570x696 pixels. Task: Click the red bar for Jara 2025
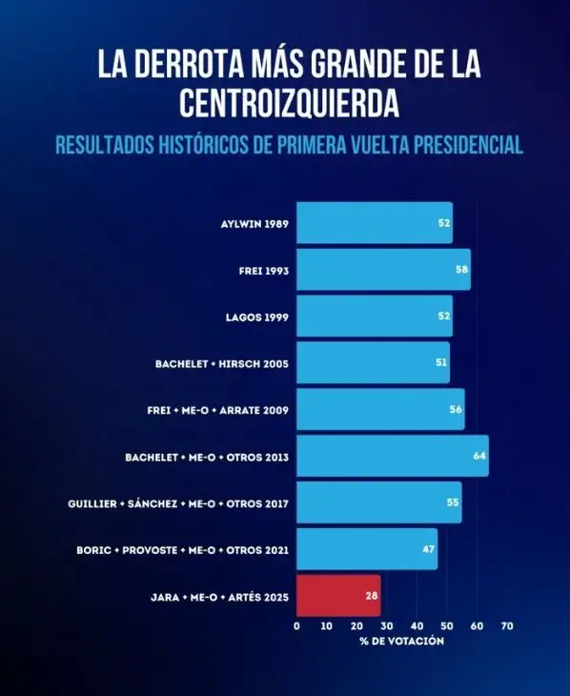pyautogui.click(x=337, y=596)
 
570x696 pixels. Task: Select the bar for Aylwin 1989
pyautogui.click(x=374, y=222)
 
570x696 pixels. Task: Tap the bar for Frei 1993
pyautogui.click(x=383, y=270)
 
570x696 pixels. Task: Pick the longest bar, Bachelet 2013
pyautogui.click(x=392, y=456)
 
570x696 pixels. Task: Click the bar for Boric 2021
pyautogui.click(x=366, y=549)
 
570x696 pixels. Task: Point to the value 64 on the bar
pyautogui.click(x=478, y=457)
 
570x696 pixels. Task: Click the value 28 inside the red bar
pyautogui.click(x=370, y=596)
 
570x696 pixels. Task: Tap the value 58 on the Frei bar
pyautogui.click(x=461, y=270)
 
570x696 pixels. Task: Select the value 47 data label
pyautogui.click(x=429, y=550)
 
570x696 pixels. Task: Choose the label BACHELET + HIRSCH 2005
pyautogui.click(x=221, y=363)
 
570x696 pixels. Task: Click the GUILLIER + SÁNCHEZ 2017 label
pyautogui.click(x=178, y=503)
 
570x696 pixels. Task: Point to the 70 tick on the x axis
pyautogui.click(x=506, y=626)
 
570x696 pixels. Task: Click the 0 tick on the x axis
pyautogui.click(x=296, y=626)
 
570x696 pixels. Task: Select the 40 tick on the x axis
pyautogui.click(x=417, y=626)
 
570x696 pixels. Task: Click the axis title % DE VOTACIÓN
pyautogui.click(x=401, y=642)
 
